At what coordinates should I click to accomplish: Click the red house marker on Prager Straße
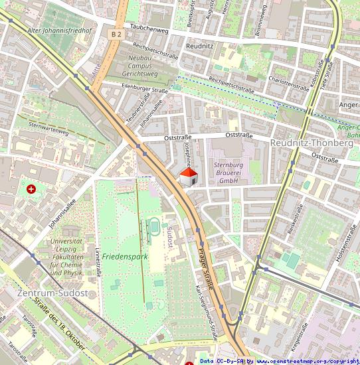point(189,177)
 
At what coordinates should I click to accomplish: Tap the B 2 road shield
point(117,33)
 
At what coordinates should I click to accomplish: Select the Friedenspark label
point(124,237)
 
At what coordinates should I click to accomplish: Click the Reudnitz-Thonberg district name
point(312,143)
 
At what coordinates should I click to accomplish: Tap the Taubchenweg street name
point(149,29)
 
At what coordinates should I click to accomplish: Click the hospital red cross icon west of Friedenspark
point(31,189)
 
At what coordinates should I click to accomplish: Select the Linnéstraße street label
point(98,262)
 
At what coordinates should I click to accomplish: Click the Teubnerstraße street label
point(135,109)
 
